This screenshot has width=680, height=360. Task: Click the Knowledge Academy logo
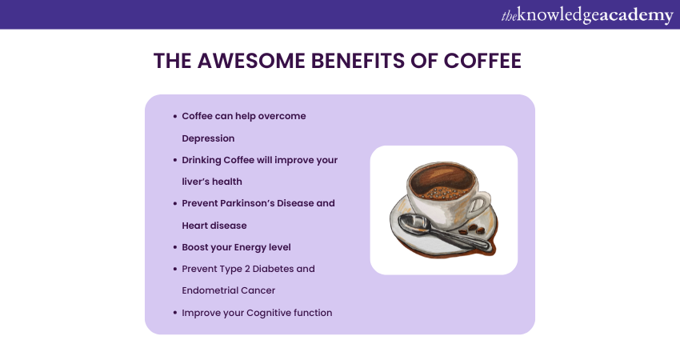coord(587,16)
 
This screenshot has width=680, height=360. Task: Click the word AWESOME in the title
coord(250,61)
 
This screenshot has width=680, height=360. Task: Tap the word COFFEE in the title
coord(482,61)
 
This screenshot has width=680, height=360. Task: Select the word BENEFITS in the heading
coord(357,61)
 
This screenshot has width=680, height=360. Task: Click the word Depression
coord(208,138)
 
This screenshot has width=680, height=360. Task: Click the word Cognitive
coord(269,313)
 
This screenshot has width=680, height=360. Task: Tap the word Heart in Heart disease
coord(194,226)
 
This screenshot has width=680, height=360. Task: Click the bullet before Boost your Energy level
coord(174,247)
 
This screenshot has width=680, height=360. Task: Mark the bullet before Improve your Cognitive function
coord(174,313)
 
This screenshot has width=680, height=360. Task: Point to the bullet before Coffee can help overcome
coord(174,116)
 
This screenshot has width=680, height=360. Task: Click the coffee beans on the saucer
coord(472,230)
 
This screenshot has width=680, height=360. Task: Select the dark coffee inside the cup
coord(441,179)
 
